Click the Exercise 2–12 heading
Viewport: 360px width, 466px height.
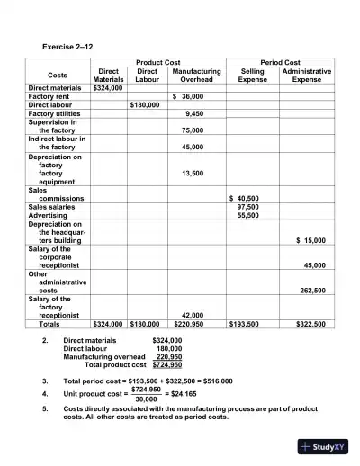[67, 45]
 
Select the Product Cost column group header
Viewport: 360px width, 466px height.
[157, 62]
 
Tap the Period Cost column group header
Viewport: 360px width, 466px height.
[279, 62]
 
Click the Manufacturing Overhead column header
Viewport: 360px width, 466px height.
[196, 75]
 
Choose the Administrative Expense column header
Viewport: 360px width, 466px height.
[307, 75]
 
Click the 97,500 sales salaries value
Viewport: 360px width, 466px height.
[247, 207]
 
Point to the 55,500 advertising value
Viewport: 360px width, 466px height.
[247, 216]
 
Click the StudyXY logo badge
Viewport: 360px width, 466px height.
[321, 447]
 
